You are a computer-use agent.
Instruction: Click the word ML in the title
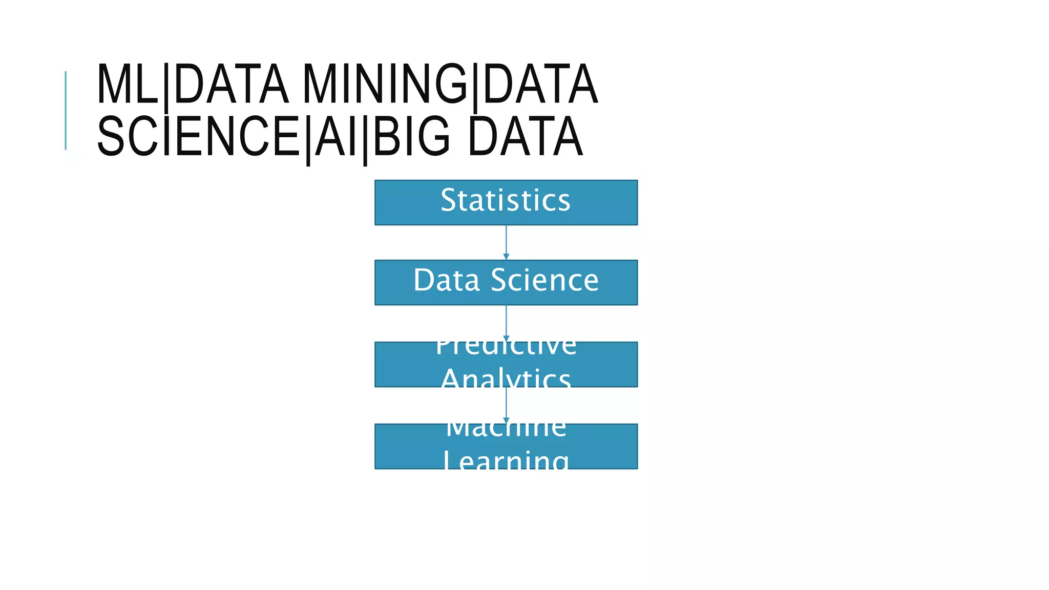(127, 85)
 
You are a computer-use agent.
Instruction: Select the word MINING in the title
(385, 85)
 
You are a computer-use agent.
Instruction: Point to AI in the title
(336, 137)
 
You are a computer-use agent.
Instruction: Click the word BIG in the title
(412, 137)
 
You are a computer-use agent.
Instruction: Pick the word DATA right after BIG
(526, 137)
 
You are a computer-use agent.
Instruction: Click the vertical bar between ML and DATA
(166, 87)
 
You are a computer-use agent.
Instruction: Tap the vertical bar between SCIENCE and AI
(308, 139)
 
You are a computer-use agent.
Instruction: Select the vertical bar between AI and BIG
(365, 139)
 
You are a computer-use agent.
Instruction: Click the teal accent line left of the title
(66, 110)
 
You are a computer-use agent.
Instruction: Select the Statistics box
(506, 202)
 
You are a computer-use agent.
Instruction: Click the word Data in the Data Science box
(446, 281)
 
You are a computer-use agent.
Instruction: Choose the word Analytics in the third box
(506, 378)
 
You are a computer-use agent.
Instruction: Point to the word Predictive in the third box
(506, 348)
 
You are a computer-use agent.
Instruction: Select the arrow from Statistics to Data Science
(506, 242)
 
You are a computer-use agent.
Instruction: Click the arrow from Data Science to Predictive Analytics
(506, 323)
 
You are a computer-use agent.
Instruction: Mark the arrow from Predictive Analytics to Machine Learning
(506, 405)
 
